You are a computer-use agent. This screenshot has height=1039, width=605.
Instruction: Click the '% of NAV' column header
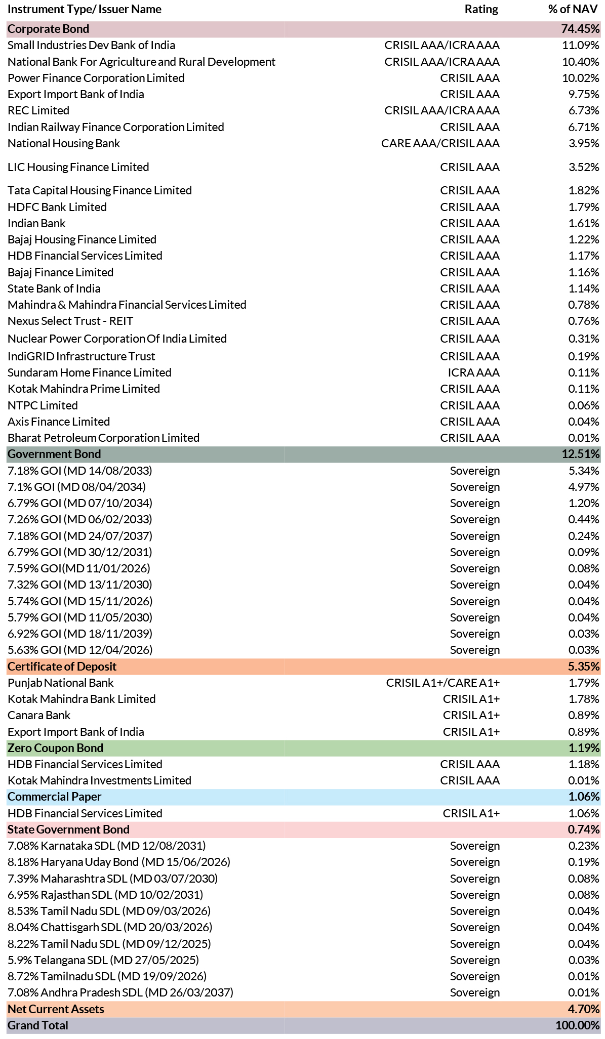573,9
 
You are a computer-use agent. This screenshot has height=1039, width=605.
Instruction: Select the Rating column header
481,9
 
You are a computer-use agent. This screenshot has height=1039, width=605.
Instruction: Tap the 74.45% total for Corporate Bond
580,29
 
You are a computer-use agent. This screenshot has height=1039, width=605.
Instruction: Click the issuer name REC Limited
38,110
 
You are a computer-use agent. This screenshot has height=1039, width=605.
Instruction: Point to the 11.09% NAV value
581,45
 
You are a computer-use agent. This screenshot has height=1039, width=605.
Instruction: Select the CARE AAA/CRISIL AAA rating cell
440,143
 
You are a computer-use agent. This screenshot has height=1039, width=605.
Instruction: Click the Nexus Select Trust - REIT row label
70,321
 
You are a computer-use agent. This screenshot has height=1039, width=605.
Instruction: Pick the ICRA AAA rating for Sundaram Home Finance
474,372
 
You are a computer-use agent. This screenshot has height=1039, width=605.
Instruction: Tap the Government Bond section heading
54,454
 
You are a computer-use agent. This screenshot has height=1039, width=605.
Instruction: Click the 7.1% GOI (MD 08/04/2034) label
76,487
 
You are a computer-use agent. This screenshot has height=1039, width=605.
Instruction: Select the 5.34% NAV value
584,471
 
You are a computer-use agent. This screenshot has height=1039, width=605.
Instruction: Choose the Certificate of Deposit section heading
62,667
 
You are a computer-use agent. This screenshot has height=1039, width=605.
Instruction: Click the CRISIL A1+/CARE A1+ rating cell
443,683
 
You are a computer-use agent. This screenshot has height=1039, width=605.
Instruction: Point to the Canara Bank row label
39,715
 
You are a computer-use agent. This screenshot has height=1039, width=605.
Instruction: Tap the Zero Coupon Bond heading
55,748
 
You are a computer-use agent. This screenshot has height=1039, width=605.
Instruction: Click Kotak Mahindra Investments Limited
99,780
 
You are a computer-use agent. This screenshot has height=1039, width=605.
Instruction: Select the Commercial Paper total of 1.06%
584,797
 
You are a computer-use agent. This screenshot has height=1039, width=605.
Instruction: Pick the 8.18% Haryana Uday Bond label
119,862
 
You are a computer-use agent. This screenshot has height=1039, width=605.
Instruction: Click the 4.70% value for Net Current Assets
584,1009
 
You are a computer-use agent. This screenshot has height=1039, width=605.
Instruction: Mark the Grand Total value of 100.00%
578,1025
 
